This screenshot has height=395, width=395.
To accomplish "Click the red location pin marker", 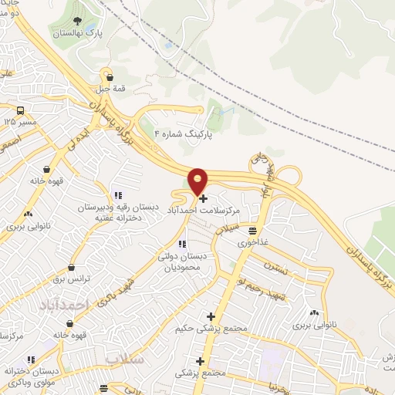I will pos(198,182).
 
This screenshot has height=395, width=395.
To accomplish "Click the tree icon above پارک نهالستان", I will pos(75,21).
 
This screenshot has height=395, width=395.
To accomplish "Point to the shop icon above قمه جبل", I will pos(111,76).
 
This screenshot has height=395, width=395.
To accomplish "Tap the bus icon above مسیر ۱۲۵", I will pos(21,110).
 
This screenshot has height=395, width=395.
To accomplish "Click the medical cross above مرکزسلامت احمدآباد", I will pos(203,198).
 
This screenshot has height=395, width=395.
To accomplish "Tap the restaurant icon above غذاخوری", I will pos(252,230).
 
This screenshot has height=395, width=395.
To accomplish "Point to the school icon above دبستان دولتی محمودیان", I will pos(182,244).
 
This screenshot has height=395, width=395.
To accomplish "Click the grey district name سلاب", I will pos(126,360).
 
